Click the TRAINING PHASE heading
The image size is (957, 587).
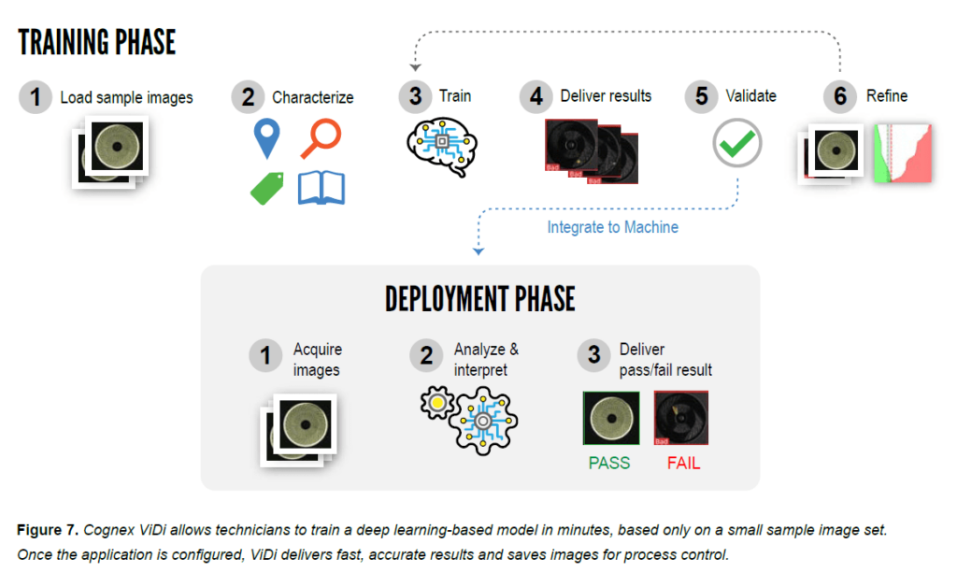coord(97,43)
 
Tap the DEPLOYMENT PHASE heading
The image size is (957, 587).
coord(479,299)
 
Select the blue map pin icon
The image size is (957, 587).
coord(267,137)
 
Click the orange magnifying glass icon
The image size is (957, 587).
coord(320,138)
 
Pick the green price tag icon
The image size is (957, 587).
coord(268,187)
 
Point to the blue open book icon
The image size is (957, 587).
coord(321,187)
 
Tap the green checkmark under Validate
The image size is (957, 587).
coord(737,144)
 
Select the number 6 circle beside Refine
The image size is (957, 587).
coord(840,96)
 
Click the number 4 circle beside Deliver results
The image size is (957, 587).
coord(536,96)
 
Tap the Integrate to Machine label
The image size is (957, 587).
coord(612,227)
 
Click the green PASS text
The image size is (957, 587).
coord(609,463)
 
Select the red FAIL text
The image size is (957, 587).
coord(683,463)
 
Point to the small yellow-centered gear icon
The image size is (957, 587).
coord(436,402)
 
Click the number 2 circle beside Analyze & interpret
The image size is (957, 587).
coord(426,355)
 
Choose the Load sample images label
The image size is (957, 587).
coord(126,97)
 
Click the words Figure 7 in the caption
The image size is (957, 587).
coord(46,530)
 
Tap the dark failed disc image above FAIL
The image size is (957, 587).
coord(681,418)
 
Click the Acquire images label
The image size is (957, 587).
coord(317,359)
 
